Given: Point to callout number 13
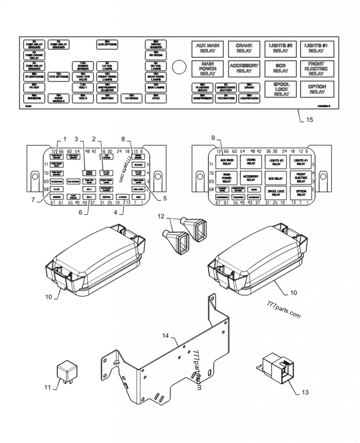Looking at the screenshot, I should [305, 392].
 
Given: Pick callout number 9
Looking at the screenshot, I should [213, 139].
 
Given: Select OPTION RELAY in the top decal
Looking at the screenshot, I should [317, 89].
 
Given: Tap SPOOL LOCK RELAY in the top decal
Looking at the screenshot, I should [282, 89].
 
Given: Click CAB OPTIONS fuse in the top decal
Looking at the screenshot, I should [107, 44].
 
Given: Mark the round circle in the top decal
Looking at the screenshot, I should [179, 67].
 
